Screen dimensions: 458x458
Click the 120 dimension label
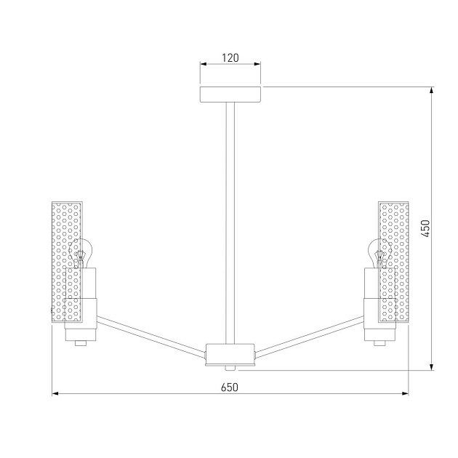click(230, 57)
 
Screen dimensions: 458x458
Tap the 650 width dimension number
click(230, 387)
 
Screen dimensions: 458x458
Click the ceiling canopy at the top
click(230, 95)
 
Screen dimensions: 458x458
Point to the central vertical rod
click(230, 218)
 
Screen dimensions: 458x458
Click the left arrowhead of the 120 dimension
click(203, 65)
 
